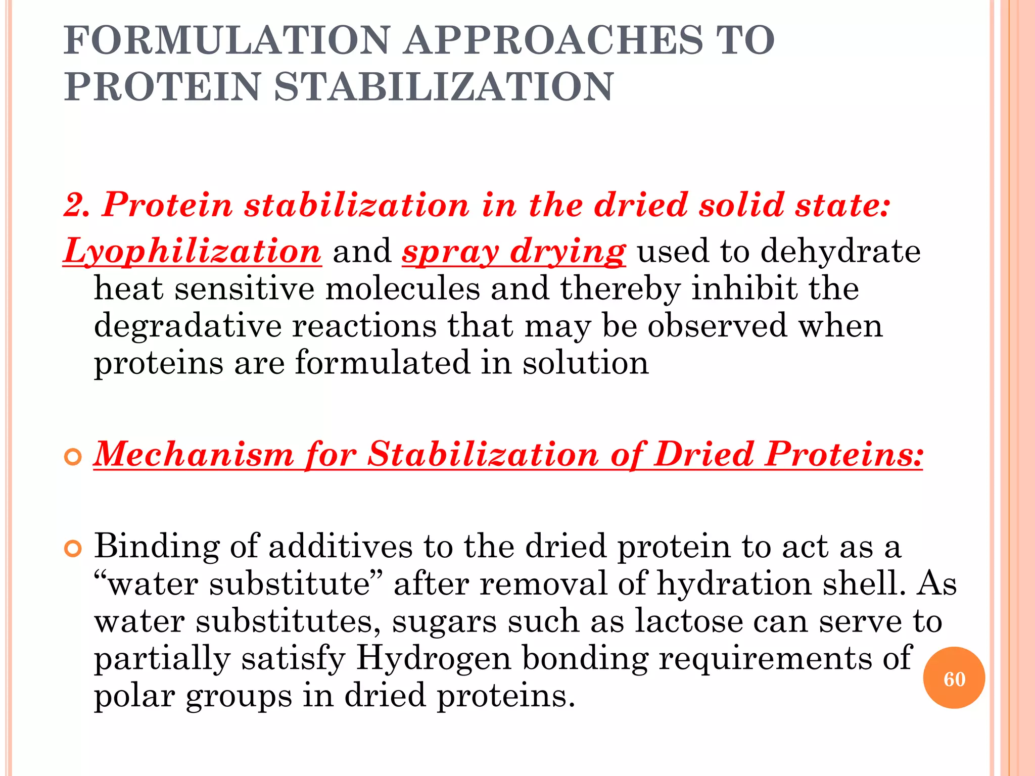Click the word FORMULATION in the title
tap(227, 40)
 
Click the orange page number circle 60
tap(954, 678)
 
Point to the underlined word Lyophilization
tap(193, 251)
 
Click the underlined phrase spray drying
tap(514, 251)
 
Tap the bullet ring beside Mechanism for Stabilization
tap(73, 457)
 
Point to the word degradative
tap(187, 326)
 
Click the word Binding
tap(157, 547)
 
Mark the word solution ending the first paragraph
tap(585, 363)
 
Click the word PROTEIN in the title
tap(162, 87)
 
